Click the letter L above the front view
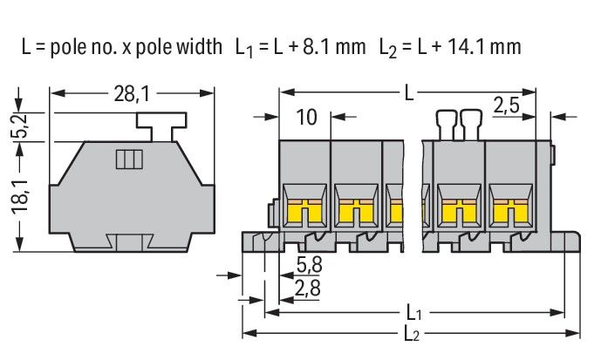click(409, 92)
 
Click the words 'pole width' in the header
click(183, 46)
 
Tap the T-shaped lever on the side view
click(166, 125)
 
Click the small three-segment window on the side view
click(129, 160)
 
